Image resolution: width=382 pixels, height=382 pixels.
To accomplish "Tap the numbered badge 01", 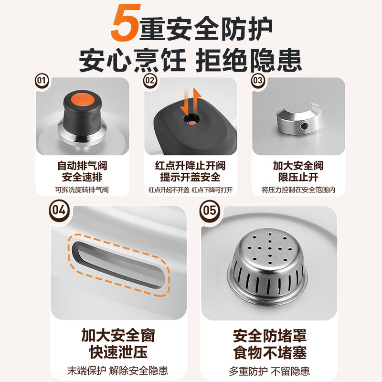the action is pyautogui.click(x=42, y=80).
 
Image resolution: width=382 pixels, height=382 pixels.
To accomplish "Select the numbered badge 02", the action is pyautogui.click(x=150, y=80).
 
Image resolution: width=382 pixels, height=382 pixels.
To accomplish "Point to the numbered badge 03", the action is pyautogui.click(x=258, y=80).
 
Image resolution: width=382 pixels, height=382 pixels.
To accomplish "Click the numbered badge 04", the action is pyautogui.click(x=59, y=210).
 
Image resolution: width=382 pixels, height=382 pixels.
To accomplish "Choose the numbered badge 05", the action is pyautogui.click(x=210, y=210).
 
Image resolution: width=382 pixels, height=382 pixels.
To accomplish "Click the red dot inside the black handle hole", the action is pyautogui.click(x=192, y=122).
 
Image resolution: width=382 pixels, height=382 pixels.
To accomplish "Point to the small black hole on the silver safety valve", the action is pyautogui.click(x=304, y=126).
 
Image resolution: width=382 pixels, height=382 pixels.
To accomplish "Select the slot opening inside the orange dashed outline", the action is pyautogui.click(x=118, y=265).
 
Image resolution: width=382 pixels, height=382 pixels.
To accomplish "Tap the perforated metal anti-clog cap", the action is pyautogui.click(x=267, y=265).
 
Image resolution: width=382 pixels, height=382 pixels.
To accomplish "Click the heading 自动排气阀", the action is pyautogui.click(x=82, y=166).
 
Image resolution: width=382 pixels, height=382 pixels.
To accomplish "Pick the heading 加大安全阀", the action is pyautogui.click(x=298, y=166).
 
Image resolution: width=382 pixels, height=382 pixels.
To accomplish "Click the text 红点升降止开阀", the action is pyautogui.click(x=190, y=166).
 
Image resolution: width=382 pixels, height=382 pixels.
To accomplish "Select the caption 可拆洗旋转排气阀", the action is pyautogui.click(x=82, y=190).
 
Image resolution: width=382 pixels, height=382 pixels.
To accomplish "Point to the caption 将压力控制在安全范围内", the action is pyautogui.click(x=298, y=190).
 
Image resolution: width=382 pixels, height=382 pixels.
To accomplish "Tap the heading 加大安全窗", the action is pyautogui.click(x=118, y=336).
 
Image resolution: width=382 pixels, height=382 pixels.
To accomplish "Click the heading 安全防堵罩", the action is pyautogui.click(x=270, y=336).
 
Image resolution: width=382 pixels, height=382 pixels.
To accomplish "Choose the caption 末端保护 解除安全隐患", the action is pyautogui.click(x=117, y=371).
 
